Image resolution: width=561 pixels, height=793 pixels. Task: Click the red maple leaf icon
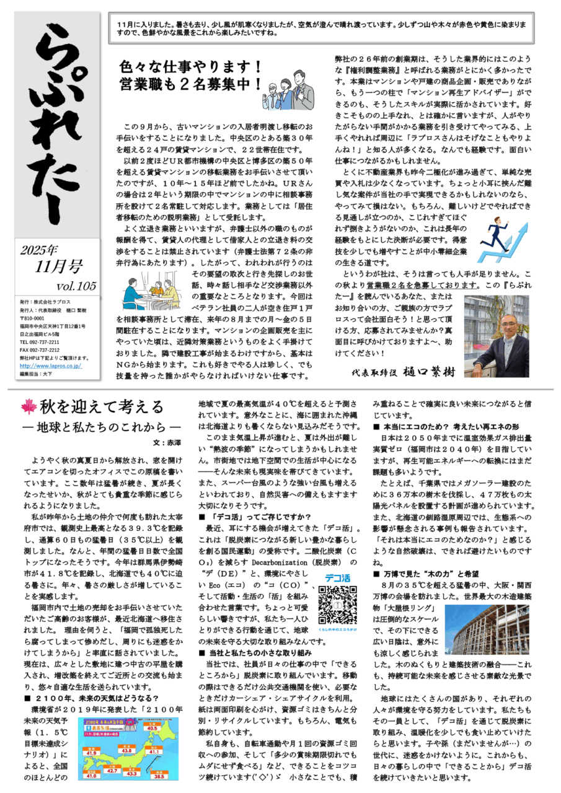29,407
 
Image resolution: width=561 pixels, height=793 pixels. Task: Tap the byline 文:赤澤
168,443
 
